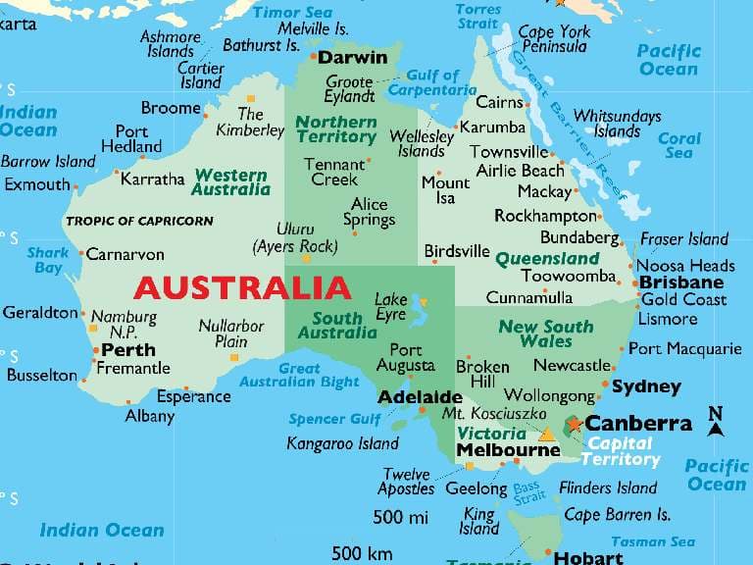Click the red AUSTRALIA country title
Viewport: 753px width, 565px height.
click(241, 288)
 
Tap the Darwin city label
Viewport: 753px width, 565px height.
click(353, 58)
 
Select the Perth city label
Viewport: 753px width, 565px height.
click(128, 349)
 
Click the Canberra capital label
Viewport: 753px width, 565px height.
click(638, 424)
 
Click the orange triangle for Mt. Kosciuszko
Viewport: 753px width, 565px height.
click(547, 434)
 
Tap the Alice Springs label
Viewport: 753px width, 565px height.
click(370, 211)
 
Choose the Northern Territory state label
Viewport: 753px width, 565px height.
click(335, 129)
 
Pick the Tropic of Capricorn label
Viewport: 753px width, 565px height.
click(139, 221)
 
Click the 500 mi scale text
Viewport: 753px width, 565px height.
click(401, 516)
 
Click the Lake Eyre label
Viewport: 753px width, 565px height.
click(390, 306)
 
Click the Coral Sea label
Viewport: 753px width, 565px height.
click(678, 146)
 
